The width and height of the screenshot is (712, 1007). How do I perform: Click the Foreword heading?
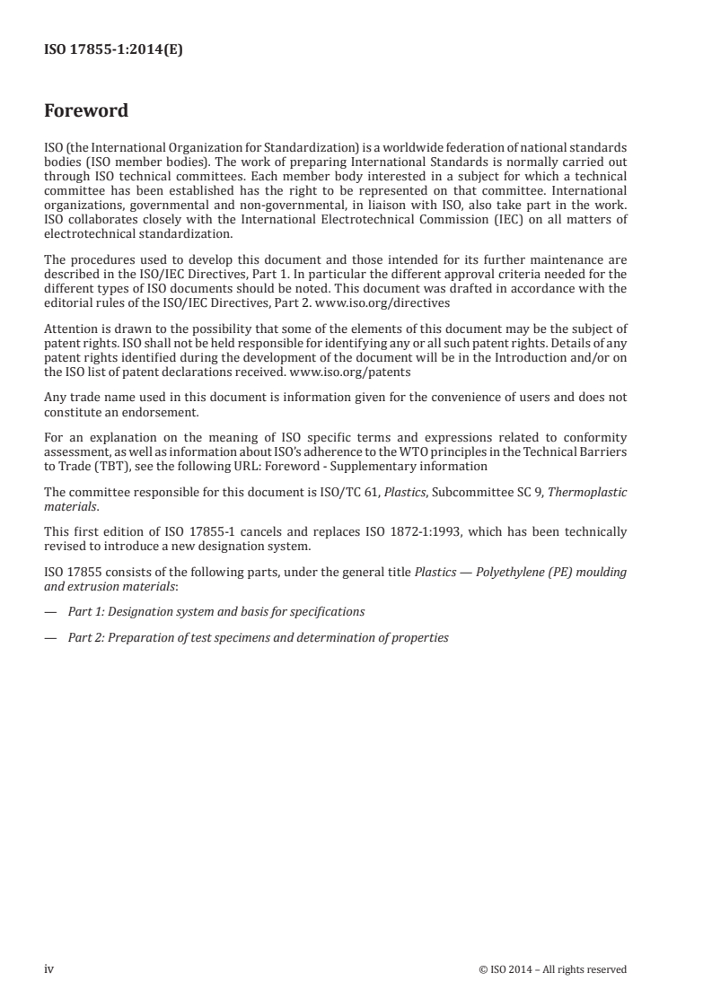[x=86, y=111]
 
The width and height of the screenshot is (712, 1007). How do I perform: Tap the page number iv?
[x=49, y=968]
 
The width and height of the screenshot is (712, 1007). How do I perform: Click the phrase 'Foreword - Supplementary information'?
[x=384, y=466]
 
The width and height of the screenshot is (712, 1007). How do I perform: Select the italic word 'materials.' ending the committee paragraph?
[x=69, y=505]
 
